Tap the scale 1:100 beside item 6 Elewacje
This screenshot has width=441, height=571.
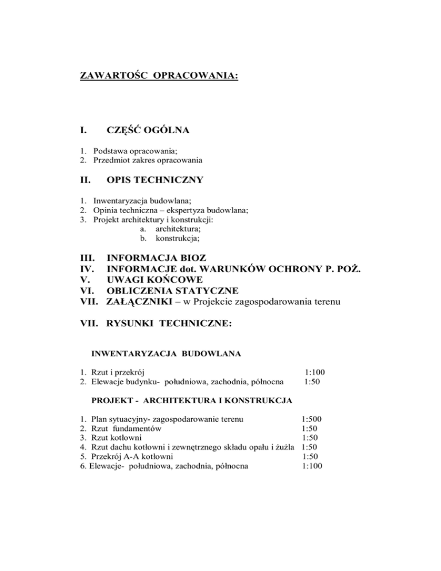312,466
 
